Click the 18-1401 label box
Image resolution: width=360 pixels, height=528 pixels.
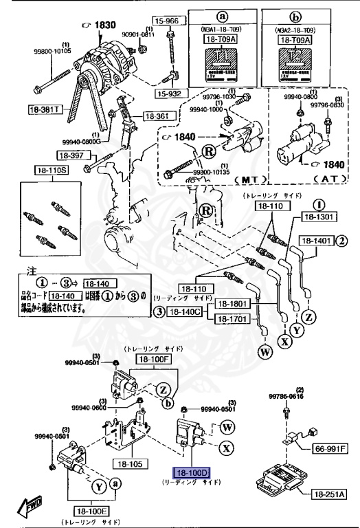[x=315, y=241]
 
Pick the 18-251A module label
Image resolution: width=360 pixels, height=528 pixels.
[x=331, y=494]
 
